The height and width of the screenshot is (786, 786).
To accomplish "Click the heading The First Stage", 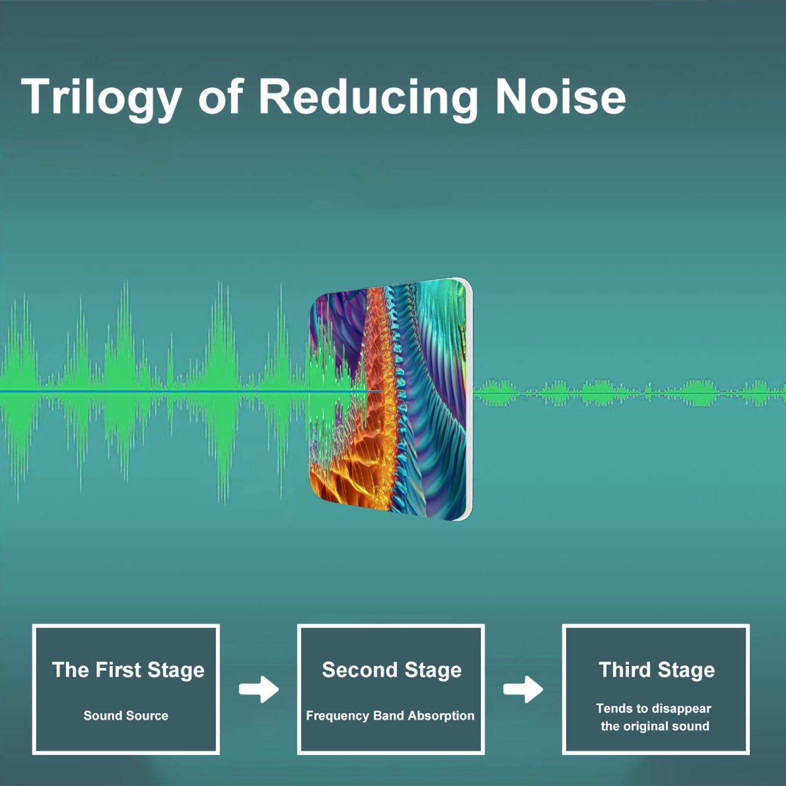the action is point(128,670).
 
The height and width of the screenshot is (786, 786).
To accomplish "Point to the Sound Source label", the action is point(126,715).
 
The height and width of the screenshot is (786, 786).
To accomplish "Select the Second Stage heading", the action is point(392,670).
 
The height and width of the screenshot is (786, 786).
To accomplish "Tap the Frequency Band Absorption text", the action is point(390,716).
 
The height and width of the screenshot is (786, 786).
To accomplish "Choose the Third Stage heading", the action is point(657,670).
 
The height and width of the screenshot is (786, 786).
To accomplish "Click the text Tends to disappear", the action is point(653,709).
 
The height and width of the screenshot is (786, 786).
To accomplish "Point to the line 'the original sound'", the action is point(655,726).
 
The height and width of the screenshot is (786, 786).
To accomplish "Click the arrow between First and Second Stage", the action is point(259,690).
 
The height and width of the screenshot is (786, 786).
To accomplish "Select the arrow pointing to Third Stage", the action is point(523,690).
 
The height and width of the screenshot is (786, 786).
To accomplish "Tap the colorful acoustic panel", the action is point(391,399).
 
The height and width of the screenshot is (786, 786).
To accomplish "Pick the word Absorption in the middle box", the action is point(441,716).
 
